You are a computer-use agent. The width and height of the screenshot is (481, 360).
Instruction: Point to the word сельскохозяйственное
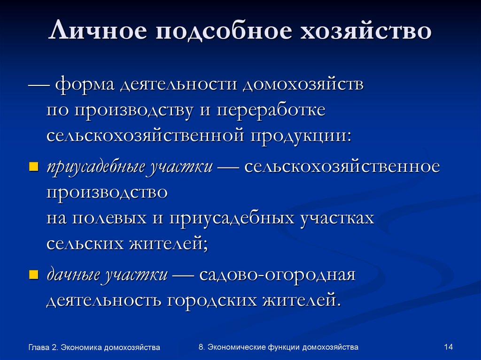[x=342, y=168]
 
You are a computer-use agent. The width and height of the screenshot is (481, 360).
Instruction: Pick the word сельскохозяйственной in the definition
[x=143, y=136]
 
